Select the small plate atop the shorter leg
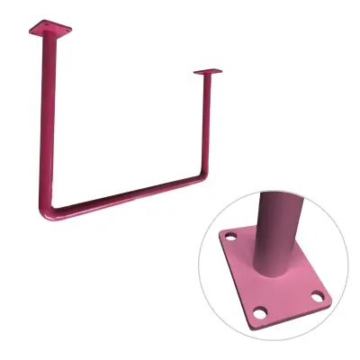[207, 72]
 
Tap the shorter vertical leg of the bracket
[208, 126]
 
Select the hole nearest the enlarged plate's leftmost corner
[230, 239]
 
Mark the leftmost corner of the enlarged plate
[220, 235]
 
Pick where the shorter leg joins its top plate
[208, 76]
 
